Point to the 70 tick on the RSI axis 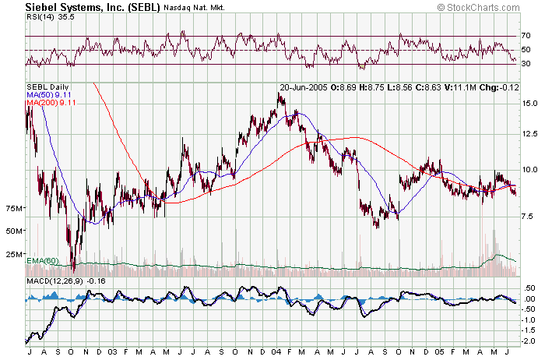(x=527, y=36)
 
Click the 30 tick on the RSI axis (x=527, y=64)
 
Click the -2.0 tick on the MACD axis (x=529, y=341)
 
